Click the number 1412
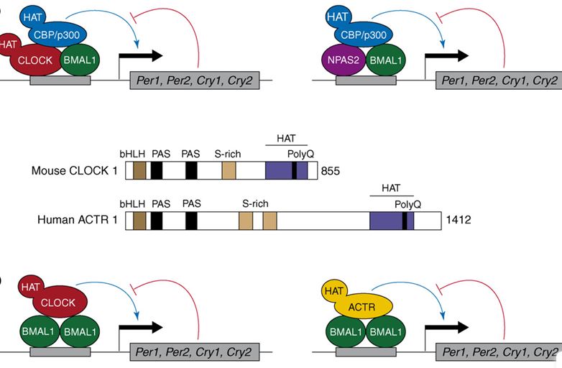(459, 219)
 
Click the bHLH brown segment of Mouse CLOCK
(139, 170)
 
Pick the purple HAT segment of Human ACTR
(386, 220)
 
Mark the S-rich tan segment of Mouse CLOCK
(229, 170)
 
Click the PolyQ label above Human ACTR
(408, 205)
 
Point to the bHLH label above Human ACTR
(132, 204)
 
